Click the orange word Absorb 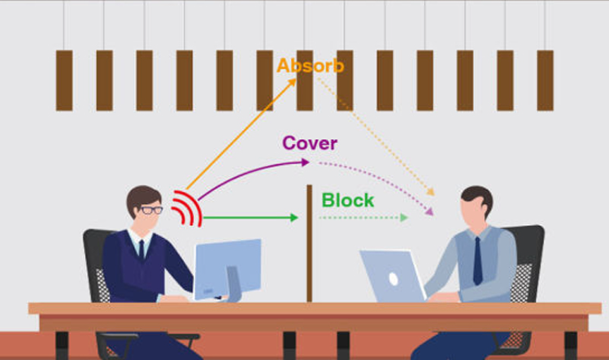[x=311, y=66]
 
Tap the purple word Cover [x=310, y=143]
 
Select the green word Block [x=348, y=201]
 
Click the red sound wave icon [x=186, y=209]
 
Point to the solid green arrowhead [x=294, y=218]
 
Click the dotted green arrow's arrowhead [x=404, y=218]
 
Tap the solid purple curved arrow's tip [x=306, y=162]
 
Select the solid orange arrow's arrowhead [x=293, y=82]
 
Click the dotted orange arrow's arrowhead [x=431, y=192]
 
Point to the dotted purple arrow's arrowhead [x=429, y=211]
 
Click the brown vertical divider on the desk [x=309, y=243]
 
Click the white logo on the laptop [x=394, y=279]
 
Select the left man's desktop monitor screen [x=228, y=269]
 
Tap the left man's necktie [x=141, y=249]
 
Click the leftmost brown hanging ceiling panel [x=64, y=80]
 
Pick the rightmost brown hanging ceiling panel [x=546, y=80]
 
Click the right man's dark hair [x=478, y=199]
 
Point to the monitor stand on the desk [x=233, y=284]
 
